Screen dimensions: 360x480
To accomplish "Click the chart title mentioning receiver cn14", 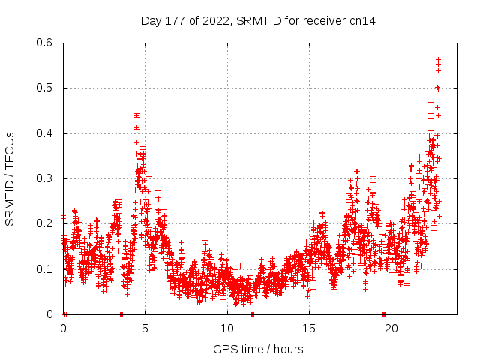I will coord(258,20).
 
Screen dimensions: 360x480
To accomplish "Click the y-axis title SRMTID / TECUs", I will coord(10,178).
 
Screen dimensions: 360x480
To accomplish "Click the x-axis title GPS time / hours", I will coord(258,349).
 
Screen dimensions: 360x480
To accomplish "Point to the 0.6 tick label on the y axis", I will coord(46,43).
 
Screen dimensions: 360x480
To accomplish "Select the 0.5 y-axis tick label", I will coord(46,88).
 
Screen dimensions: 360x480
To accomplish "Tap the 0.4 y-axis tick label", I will coord(46,133).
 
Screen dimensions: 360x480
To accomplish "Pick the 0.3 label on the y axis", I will coord(46,178).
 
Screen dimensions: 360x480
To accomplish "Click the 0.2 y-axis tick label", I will coord(46,223).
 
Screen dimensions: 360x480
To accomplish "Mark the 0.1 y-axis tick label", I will coord(46,269).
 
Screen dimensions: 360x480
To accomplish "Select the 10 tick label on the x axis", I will coord(227,328).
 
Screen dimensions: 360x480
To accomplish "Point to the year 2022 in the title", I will coord(212,20).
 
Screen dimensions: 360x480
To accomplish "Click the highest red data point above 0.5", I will coord(438,58).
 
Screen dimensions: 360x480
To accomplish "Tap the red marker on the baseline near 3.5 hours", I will coord(121,314).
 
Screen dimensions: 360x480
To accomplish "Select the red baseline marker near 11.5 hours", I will coord(253,314).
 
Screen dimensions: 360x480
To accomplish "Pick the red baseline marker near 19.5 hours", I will coord(384,314).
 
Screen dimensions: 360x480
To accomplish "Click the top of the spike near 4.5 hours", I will coord(136,114).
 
